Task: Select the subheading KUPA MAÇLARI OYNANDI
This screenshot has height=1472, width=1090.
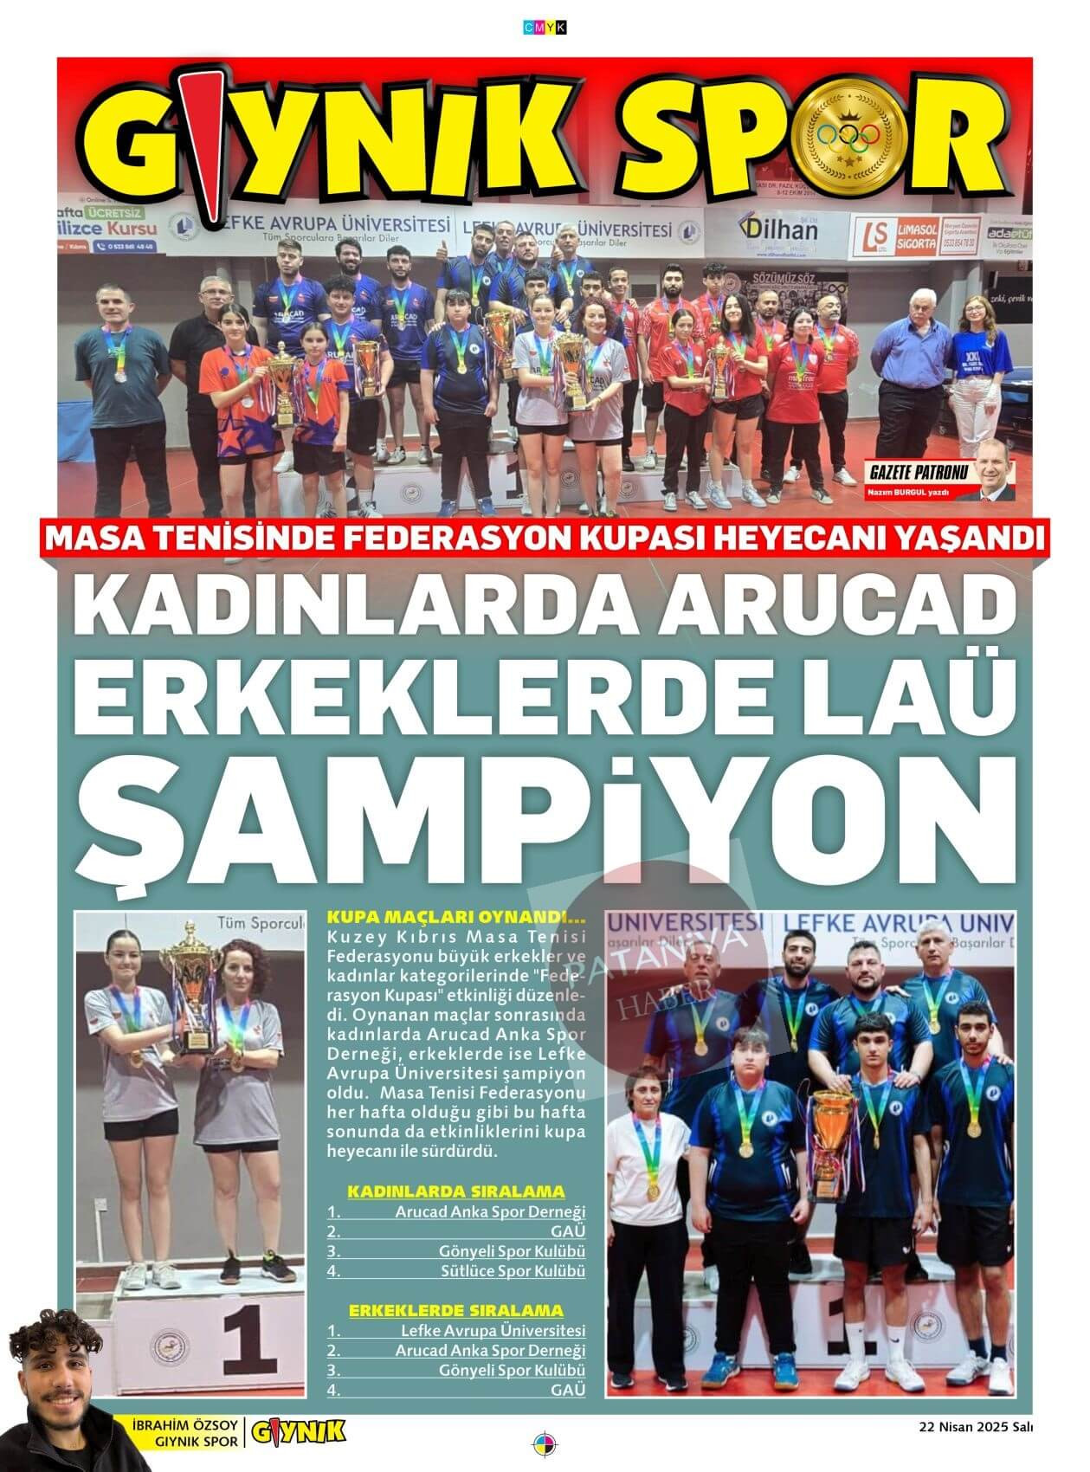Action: point(456,917)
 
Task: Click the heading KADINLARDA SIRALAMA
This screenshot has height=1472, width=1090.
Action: point(455,1191)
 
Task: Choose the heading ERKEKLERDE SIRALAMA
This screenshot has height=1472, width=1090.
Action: point(455,1311)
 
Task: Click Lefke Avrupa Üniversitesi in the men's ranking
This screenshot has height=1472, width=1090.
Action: point(493,1331)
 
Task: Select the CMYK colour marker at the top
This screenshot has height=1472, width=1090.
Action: point(545,28)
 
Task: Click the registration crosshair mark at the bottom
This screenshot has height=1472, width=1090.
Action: point(545,1445)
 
